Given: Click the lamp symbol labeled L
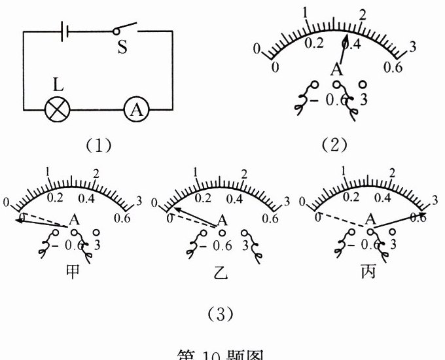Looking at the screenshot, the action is point(58,109).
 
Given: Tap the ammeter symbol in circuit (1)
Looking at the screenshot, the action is point(137,109).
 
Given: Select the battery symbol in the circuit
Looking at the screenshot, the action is point(63,31).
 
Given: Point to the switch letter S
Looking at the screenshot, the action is point(122,48).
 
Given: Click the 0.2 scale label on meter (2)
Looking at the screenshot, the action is point(315,44).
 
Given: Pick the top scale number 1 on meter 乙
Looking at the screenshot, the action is point(196,172).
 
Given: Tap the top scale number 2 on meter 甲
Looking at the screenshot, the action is point(96,173).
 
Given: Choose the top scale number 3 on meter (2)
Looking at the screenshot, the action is point(412,46).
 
